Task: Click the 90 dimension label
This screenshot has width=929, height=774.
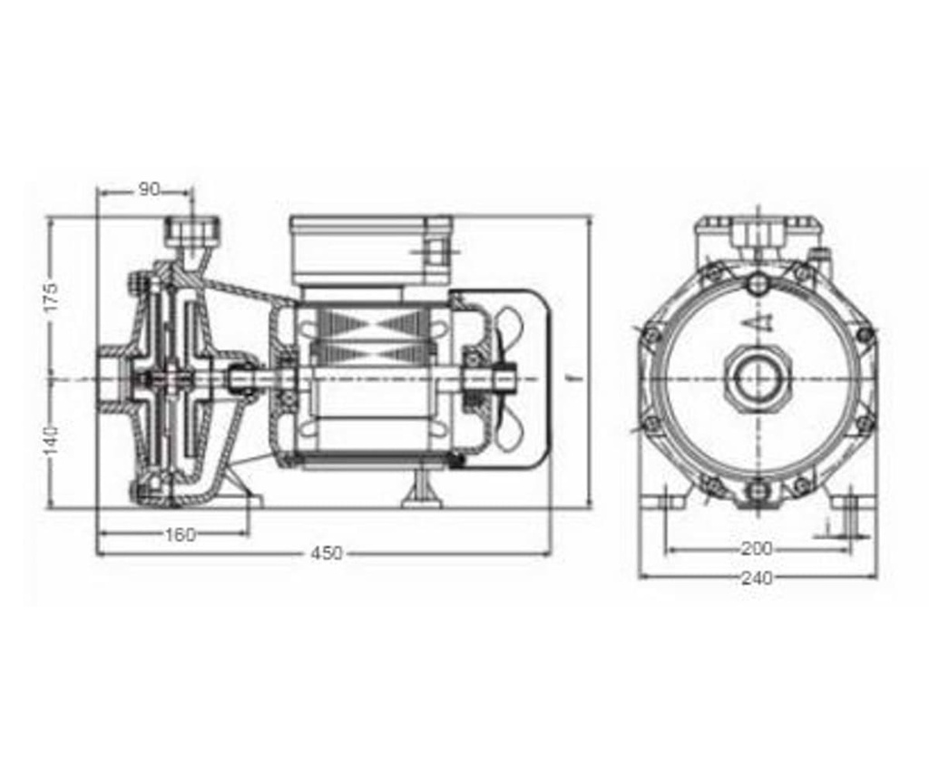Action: tap(150, 189)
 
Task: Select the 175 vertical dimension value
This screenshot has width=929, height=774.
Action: tap(52, 296)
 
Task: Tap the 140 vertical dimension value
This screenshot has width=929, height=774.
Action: tap(52, 440)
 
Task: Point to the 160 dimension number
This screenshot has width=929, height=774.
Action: tap(181, 534)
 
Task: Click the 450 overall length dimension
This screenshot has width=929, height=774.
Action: tap(327, 553)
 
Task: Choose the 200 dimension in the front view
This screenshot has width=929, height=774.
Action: tap(757, 549)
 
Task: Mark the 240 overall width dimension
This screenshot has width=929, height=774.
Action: tap(757, 577)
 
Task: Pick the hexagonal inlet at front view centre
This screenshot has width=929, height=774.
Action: tap(757, 377)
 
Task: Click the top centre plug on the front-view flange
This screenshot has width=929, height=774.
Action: tap(758, 285)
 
